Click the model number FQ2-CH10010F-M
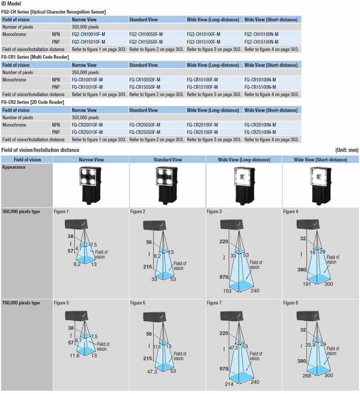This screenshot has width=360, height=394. (88, 34)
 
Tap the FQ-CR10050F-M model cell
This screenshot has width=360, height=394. (145, 80)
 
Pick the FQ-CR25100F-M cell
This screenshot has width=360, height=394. (202, 132)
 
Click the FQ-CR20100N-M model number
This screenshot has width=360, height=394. (260, 125)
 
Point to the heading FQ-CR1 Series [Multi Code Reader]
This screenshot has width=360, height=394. (35, 57)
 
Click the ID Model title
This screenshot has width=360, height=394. (11, 4)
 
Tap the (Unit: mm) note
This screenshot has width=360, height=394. (347, 150)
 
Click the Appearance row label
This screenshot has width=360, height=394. (14, 167)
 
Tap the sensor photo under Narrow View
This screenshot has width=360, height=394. (90, 185)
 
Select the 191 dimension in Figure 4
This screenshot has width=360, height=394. (307, 284)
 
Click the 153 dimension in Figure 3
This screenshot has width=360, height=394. (227, 291)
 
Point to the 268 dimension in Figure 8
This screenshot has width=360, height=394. (307, 376)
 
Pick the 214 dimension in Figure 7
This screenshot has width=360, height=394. (229, 384)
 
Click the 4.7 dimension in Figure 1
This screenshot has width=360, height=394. (79, 248)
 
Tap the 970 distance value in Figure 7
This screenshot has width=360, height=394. (224, 369)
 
